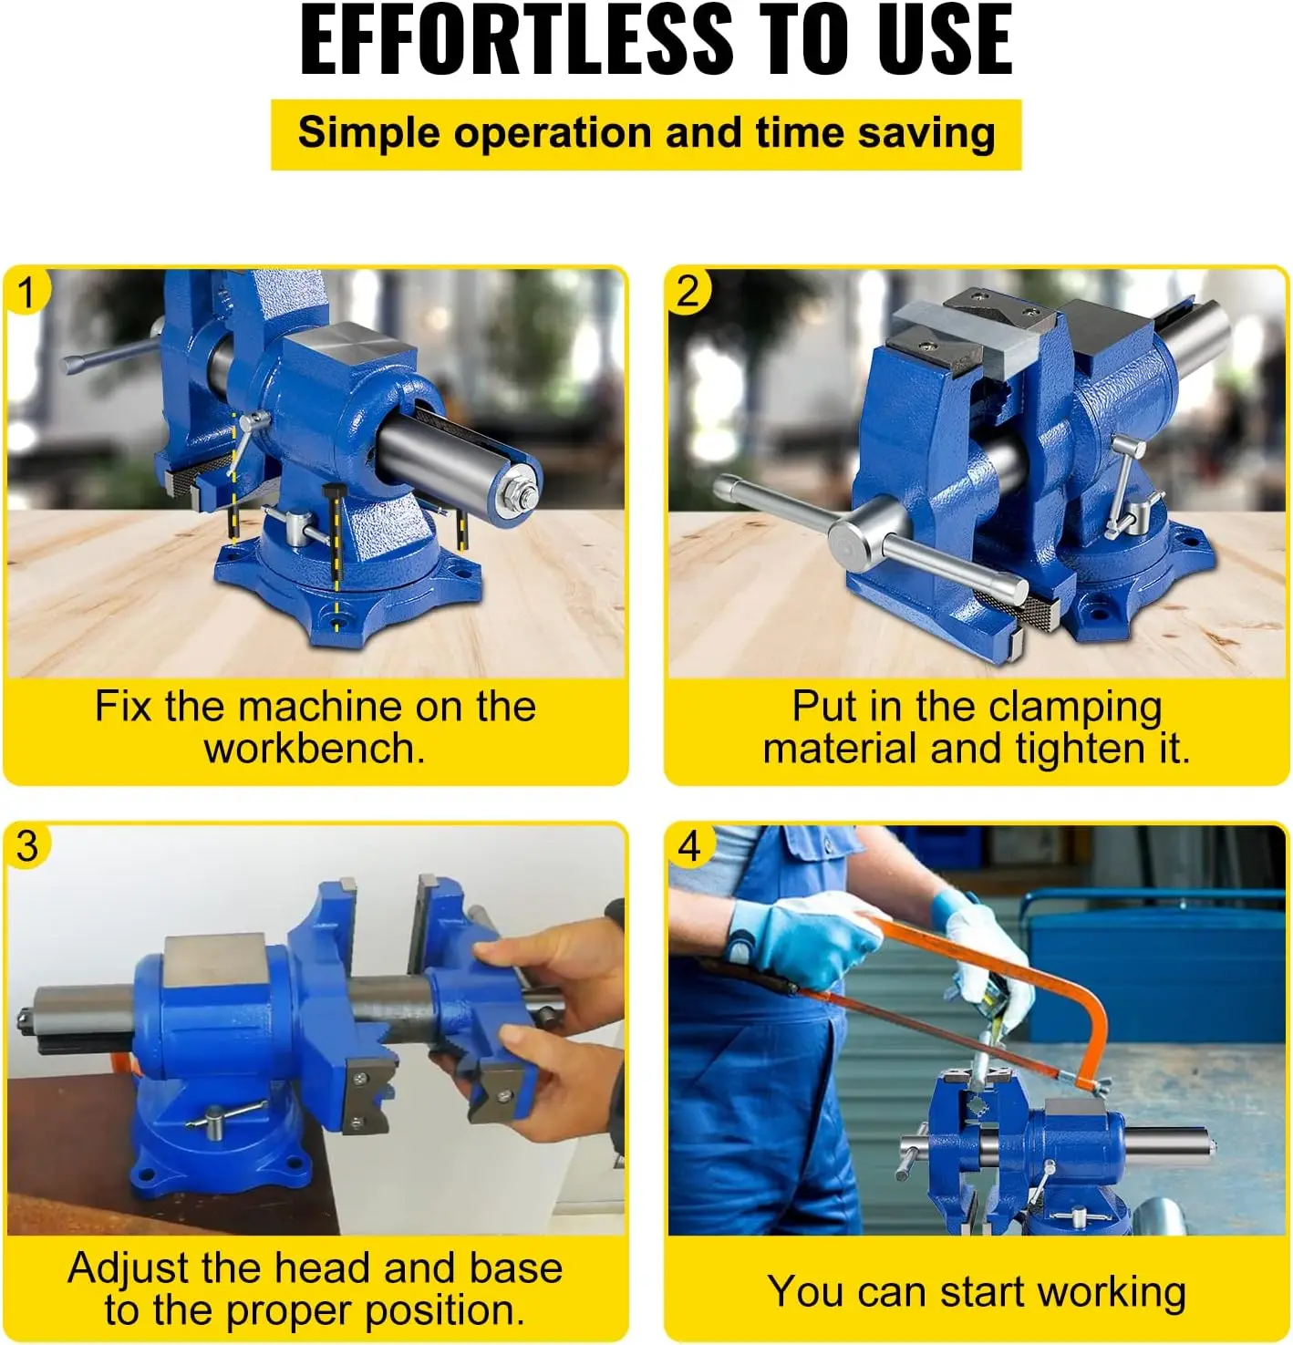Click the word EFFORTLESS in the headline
click(x=516, y=39)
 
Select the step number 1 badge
click(x=26, y=293)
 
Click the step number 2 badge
click(x=688, y=293)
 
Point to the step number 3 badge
click(x=26, y=847)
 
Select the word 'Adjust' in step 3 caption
click(x=129, y=1269)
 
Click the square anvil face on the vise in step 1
click(x=349, y=344)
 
